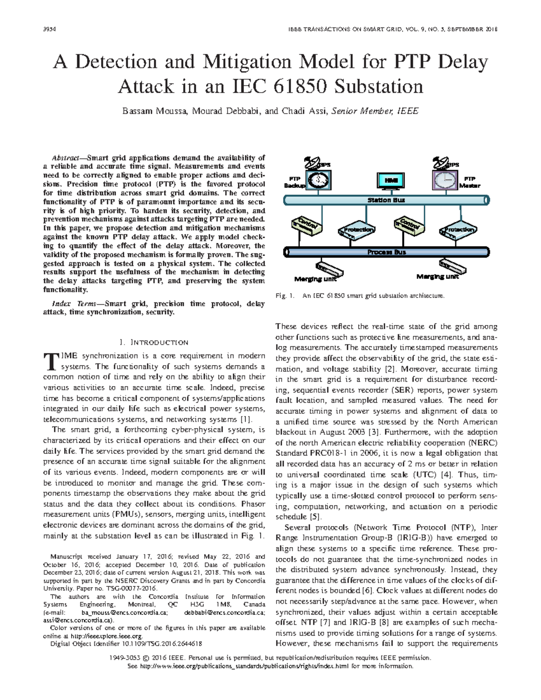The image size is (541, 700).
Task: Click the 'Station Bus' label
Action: [386, 200]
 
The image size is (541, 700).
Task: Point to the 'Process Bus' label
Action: [386, 252]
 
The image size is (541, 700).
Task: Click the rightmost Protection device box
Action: [458, 230]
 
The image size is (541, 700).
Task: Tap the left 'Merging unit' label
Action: [315, 279]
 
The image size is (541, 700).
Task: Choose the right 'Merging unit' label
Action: [437, 276]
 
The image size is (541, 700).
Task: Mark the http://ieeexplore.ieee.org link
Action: [105, 636]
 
